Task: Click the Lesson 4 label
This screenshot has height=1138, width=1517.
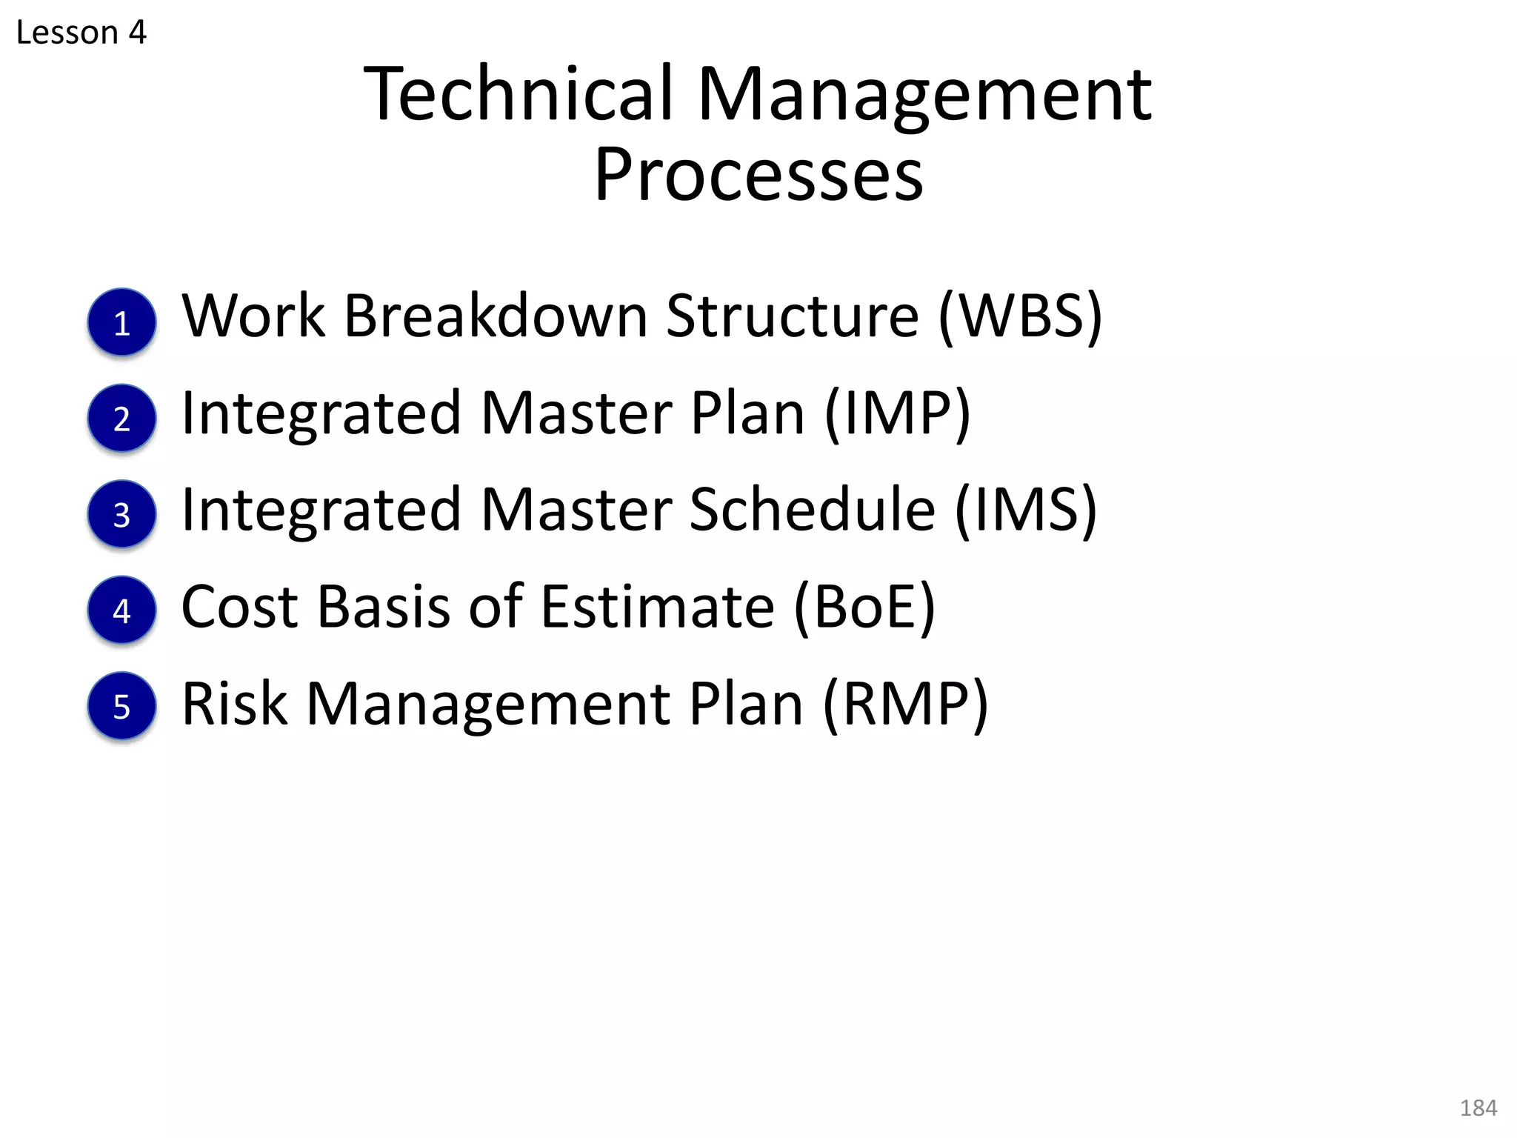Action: pyautogui.click(x=81, y=33)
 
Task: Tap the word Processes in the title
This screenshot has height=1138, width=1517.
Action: pyautogui.click(x=758, y=175)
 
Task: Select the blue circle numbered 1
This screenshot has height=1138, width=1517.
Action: pyautogui.click(x=122, y=322)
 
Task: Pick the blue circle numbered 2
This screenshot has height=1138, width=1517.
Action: pyautogui.click(x=122, y=418)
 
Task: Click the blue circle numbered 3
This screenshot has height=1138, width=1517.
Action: pyautogui.click(x=122, y=514)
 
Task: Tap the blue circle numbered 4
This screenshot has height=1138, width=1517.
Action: pyautogui.click(x=122, y=610)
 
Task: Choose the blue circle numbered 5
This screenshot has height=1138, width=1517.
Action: pyautogui.click(x=122, y=706)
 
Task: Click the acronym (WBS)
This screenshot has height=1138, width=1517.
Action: pyautogui.click(x=1021, y=316)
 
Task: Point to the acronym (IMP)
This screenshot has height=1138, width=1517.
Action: pyautogui.click(x=897, y=413)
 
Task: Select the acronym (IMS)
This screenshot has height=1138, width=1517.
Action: pyautogui.click(x=1026, y=510)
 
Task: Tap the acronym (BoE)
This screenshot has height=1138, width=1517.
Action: pyautogui.click(x=864, y=607)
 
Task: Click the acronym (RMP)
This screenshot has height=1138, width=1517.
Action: pyautogui.click(x=905, y=704)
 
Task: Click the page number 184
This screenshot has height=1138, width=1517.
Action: pyautogui.click(x=1478, y=1108)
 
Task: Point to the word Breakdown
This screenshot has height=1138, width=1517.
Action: pyautogui.click(x=496, y=316)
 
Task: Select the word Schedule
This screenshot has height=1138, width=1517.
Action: pyautogui.click(x=813, y=510)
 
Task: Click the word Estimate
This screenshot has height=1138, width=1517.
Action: pyautogui.click(x=658, y=607)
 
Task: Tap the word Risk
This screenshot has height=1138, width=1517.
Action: pyautogui.click(x=235, y=704)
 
